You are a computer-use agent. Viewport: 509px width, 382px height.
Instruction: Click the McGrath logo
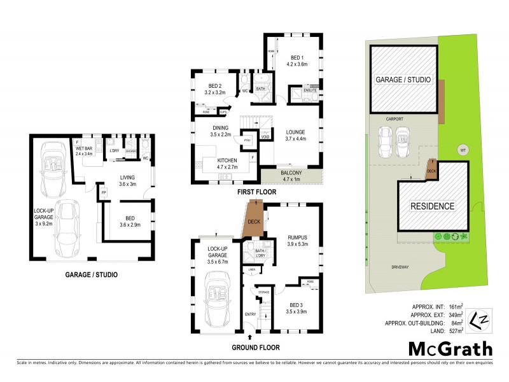coord(450,348)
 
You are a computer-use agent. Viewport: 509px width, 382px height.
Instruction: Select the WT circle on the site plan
coord(462,150)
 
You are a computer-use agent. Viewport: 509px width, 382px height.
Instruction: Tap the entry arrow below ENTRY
coord(249,336)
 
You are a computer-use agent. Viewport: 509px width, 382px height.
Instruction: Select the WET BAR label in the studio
coord(85,150)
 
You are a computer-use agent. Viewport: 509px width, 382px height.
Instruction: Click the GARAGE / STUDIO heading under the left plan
coord(91,275)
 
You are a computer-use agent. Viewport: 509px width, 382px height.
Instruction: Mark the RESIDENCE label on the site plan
coord(432,206)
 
